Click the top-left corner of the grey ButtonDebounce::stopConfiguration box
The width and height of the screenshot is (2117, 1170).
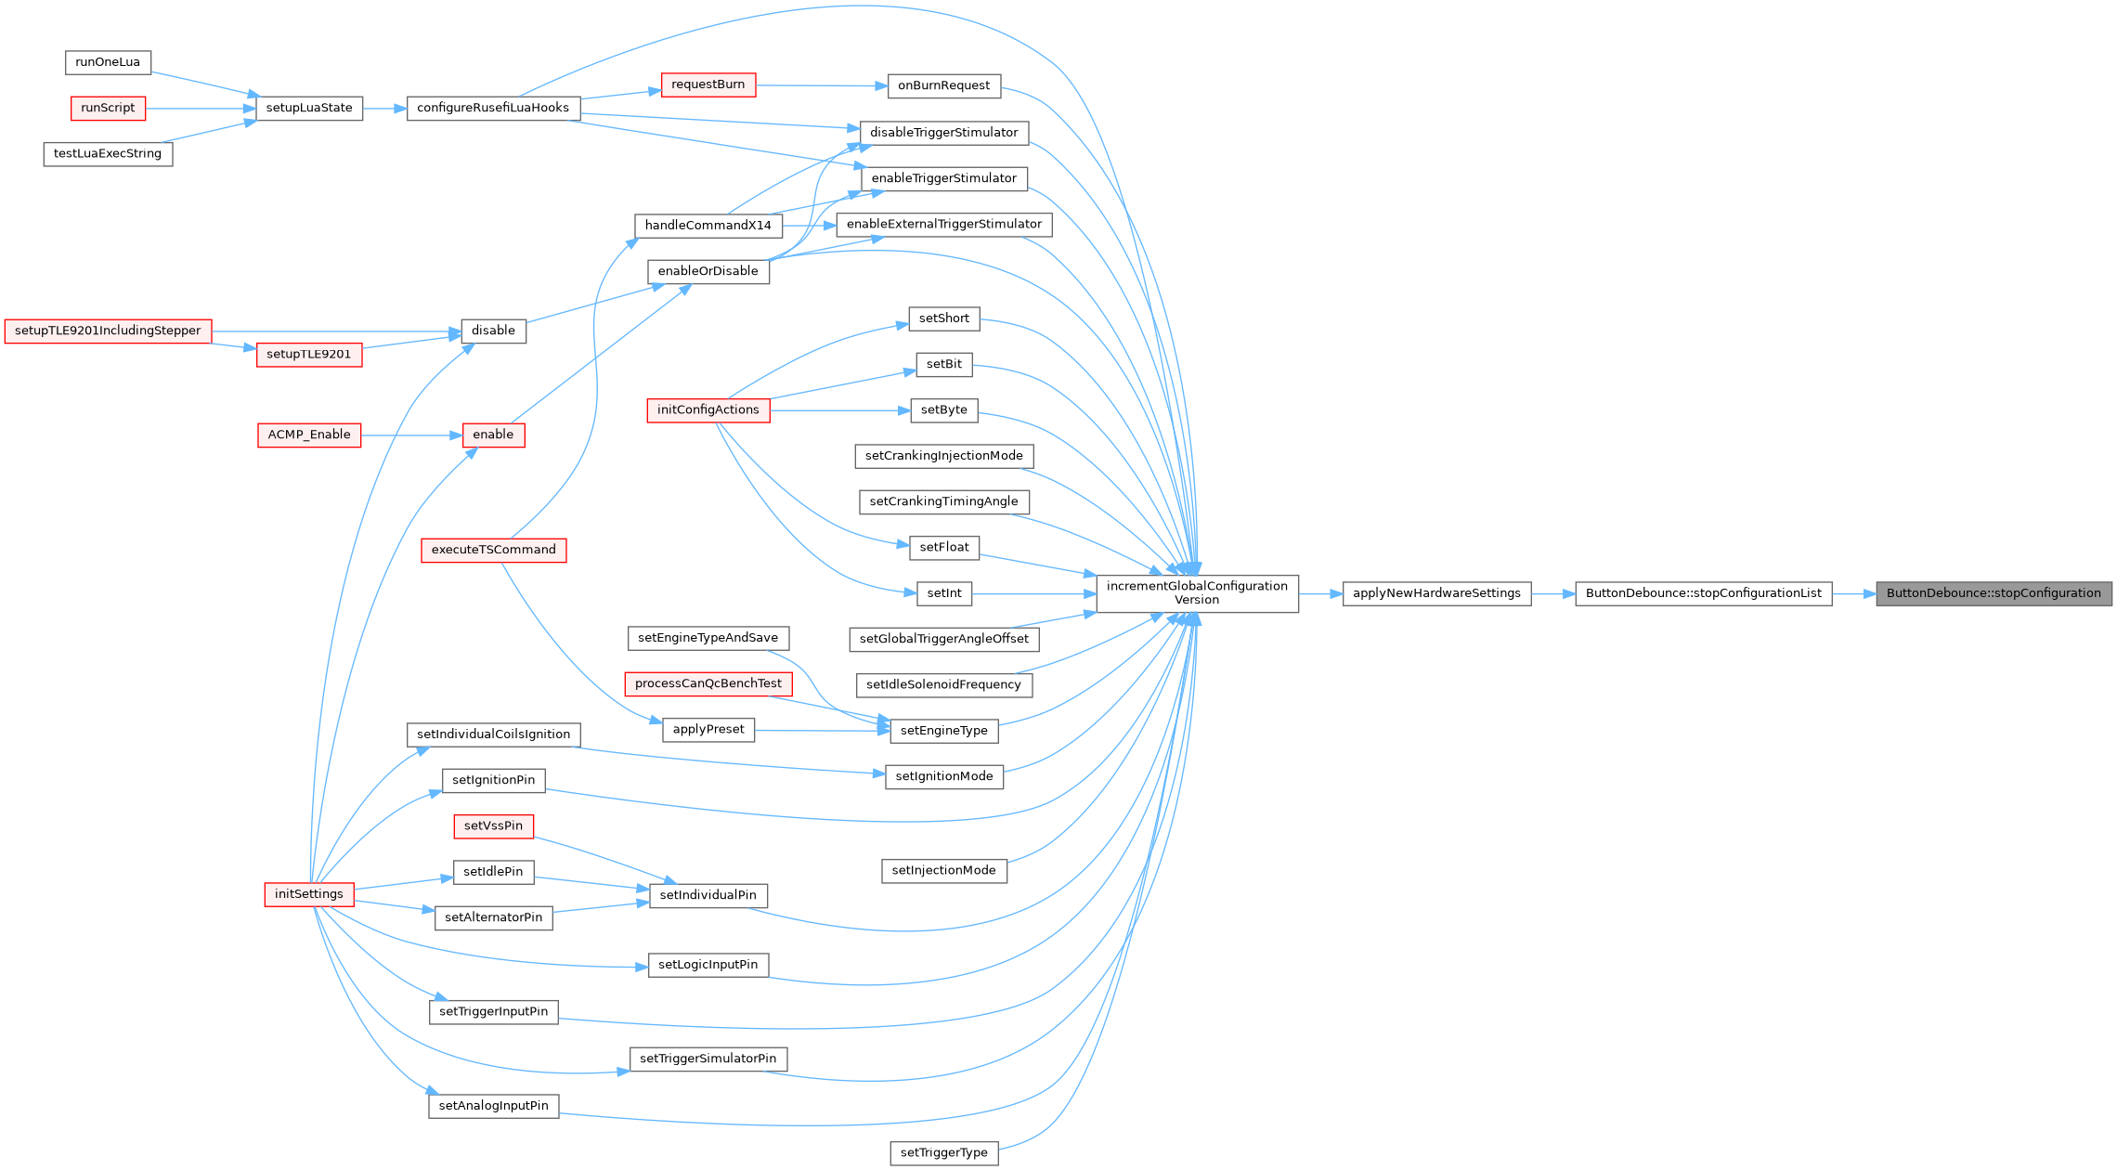pos(1877,582)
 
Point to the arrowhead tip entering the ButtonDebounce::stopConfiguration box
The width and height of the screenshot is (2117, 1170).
pos(1876,594)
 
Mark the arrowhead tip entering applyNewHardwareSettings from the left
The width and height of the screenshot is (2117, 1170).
pos(1343,594)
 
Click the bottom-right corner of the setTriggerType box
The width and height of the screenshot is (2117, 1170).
pos(998,1164)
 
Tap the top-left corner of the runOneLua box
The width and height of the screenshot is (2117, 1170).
pos(66,51)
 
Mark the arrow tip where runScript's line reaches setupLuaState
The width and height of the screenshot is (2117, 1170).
pos(256,109)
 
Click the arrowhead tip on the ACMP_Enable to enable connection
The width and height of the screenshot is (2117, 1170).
pos(462,435)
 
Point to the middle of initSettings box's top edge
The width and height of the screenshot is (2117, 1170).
pos(309,883)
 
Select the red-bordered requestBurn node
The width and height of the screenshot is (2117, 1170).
pos(708,85)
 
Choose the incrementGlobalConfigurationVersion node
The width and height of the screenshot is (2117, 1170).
pos(1197,593)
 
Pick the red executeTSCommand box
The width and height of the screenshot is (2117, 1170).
pos(494,551)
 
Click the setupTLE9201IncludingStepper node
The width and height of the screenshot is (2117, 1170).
pos(108,331)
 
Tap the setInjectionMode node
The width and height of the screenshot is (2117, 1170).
pos(943,871)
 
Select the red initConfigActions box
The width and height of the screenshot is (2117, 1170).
pos(708,410)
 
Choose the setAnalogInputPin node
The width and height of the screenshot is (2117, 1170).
pos(494,1106)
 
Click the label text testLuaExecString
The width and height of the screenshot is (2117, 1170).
pos(108,154)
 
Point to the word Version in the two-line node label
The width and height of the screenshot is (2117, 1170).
pos(1197,600)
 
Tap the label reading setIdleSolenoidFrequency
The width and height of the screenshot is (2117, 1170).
pos(943,685)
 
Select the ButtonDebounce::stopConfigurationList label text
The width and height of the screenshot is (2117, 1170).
pos(1704,593)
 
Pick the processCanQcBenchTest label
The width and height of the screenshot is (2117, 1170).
pos(708,684)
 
